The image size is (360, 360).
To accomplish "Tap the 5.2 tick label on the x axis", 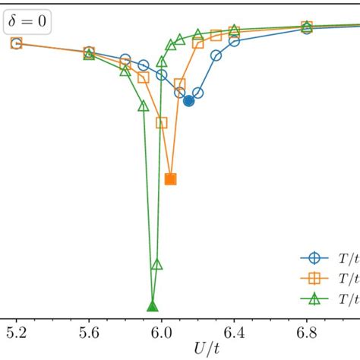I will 16,333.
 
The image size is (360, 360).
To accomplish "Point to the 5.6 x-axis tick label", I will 89,333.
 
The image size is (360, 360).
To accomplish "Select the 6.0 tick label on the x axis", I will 161,333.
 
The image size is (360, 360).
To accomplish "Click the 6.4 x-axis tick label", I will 234,333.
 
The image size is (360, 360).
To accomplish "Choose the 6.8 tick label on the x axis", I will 307,333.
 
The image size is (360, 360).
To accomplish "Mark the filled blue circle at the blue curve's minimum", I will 188,101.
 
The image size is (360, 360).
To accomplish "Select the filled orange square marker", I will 170,179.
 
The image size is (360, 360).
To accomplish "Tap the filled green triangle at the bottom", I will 152,307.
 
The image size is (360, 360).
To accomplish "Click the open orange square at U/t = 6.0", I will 162,122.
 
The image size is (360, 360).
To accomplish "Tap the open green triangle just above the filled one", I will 156,265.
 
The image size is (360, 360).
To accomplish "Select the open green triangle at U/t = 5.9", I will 144,106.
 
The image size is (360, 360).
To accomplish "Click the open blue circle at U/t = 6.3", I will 216,55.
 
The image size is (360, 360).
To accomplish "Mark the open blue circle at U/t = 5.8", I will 125,59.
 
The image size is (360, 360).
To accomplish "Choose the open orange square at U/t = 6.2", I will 198,43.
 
